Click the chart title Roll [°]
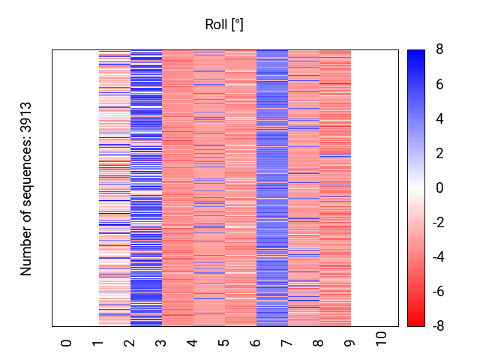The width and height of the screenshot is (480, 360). coord(224,25)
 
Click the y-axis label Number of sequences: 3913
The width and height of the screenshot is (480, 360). coord(27,188)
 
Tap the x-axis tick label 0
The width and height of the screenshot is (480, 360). coord(67,343)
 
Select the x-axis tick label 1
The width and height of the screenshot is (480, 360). coord(98,343)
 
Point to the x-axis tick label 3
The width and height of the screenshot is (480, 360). coord(161,343)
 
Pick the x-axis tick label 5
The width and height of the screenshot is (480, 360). coord(224,343)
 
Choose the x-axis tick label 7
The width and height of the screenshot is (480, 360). coord(287,343)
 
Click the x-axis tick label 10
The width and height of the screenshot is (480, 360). coord(382,338)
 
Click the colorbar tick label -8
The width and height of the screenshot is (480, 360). coord(436,326)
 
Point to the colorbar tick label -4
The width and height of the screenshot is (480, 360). coord(436,257)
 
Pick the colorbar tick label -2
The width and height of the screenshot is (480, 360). coord(436,223)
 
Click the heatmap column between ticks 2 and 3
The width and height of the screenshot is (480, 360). coord(145,188)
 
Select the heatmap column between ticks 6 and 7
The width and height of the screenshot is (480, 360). coord(271,188)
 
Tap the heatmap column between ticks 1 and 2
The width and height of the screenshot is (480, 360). coord(114,188)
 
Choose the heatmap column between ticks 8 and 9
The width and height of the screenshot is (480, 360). coord(334,188)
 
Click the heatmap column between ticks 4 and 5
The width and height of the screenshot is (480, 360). coord(208,188)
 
